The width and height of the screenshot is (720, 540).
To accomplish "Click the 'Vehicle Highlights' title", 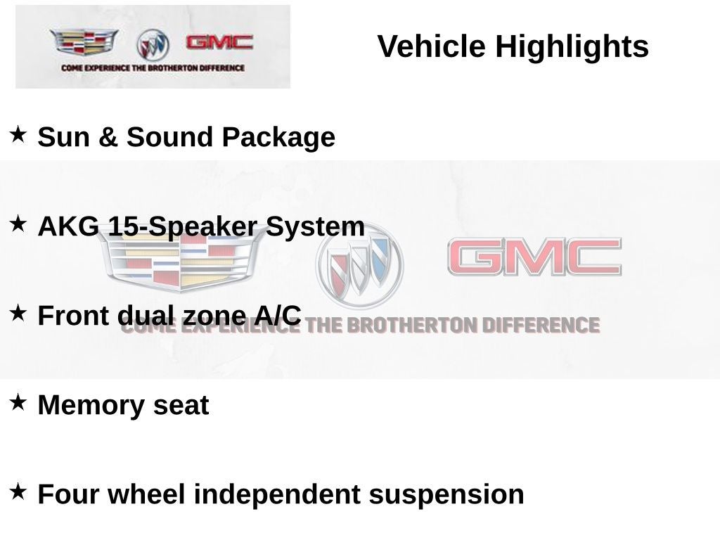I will coord(513,47).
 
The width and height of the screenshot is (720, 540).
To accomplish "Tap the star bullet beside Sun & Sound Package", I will coord(18,134).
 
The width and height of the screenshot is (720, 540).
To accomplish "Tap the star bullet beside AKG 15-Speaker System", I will coord(18,224).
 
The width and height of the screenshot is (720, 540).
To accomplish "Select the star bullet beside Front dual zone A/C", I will coord(18,313).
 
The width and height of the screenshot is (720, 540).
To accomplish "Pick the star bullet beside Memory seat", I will coord(18,402).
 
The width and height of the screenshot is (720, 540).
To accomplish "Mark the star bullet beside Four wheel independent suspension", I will coord(18,491).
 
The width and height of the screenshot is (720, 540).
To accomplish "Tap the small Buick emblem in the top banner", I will coord(153,45).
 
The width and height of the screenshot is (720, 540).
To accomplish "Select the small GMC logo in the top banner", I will coord(219,42).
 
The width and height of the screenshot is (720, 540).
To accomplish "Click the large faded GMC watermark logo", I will coord(534,257).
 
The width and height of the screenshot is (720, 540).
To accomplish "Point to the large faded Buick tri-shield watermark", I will coord(359,265).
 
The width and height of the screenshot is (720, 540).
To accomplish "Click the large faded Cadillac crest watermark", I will coord(180,259).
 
